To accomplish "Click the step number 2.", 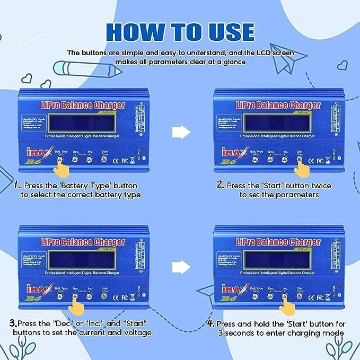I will (x=220, y=186).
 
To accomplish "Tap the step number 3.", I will (x=12, y=323).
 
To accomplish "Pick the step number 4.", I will (x=210, y=323).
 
